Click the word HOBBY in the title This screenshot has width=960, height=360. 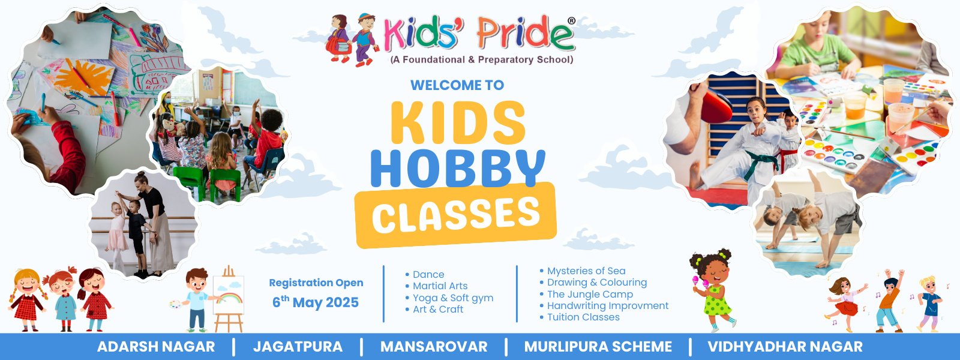click(x=458, y=168)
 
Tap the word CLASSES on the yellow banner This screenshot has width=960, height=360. click(x=455, y=215)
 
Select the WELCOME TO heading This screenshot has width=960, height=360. click(x=457, y=85)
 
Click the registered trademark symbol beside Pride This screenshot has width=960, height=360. click(x=571, y=20)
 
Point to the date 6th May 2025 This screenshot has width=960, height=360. click(x=316, y=302)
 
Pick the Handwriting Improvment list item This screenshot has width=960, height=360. click(x=604, y=305)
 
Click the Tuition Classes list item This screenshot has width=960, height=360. click(x=580, y=317)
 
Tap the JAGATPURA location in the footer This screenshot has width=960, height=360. click(x=298, y=346)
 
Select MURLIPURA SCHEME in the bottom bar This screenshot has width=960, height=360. click(x=598, y=346)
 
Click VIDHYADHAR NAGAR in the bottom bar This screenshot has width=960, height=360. click(x=785, y=346)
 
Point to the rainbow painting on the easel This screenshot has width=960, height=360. click(x=229, y=296)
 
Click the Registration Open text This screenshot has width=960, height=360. click(x=316, y=283)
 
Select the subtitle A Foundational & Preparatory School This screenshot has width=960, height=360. click(x=481, y=59)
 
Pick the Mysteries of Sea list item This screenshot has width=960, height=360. click(x=583, y=271)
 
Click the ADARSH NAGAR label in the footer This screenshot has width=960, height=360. click(x=156, y=346)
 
